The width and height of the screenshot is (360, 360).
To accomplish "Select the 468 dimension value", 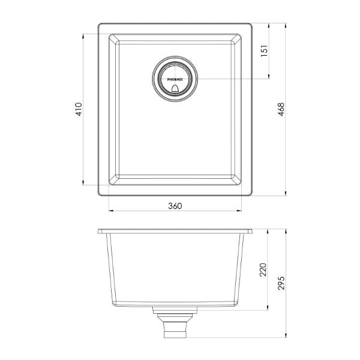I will point(281,109).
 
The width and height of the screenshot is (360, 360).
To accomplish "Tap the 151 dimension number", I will point(264,52).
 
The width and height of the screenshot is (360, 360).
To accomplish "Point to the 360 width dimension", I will point(175,206).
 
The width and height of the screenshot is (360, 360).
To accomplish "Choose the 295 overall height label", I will point(281,281).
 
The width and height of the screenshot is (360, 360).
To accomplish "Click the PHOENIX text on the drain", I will point(175,79).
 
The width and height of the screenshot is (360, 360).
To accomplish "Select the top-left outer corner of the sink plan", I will point(98,24).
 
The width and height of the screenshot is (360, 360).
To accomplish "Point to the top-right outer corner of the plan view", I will point(253,24).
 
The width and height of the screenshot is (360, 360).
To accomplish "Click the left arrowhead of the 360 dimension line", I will point(110,211).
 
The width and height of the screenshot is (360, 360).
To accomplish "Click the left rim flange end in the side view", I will point(100,232).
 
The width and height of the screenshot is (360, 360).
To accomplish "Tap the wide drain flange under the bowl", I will point(175,311).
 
